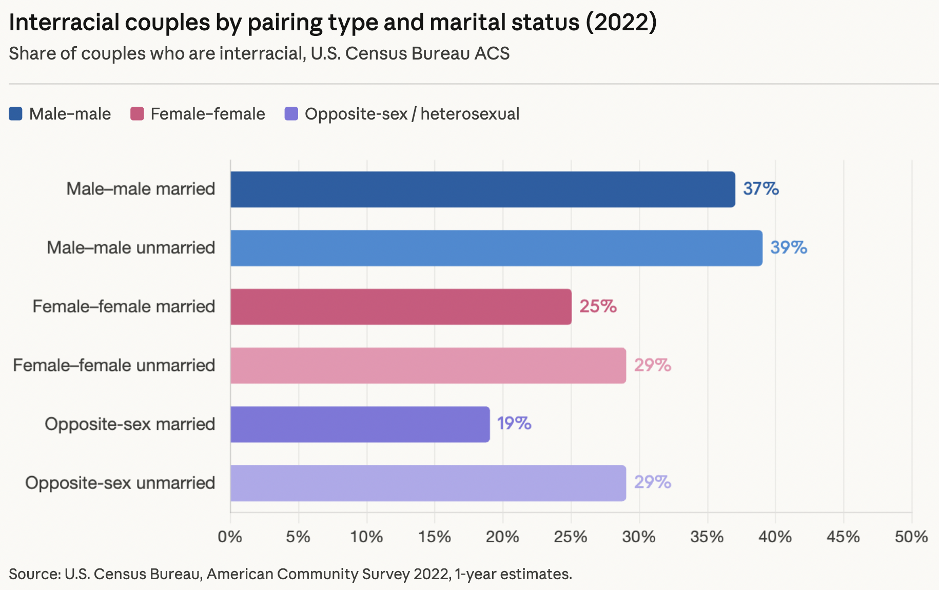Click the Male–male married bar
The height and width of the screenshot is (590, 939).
(482, 189)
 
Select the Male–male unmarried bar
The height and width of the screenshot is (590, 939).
(496, 248)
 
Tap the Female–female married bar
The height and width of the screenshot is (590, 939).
(401, 307)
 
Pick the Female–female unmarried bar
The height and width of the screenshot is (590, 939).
(428, 365)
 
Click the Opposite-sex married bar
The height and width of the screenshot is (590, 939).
(360, 424)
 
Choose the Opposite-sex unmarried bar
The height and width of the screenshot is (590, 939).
(428, 483)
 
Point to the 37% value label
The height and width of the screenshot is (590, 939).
(760, 189)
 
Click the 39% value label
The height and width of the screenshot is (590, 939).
(788, 248)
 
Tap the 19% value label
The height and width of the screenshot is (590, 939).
(514, 423)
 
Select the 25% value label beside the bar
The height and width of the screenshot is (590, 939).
(598, 306)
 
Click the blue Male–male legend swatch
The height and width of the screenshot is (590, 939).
(16, 114)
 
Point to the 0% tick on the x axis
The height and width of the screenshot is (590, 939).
(230, 537)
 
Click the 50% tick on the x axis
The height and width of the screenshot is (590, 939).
(911, 537)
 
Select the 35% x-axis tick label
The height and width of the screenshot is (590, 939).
(707, 537)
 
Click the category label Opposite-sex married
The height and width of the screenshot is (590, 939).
(130, 424)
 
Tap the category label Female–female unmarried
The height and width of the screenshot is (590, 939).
(114, 365)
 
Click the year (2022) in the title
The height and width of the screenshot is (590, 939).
(621, 22)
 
